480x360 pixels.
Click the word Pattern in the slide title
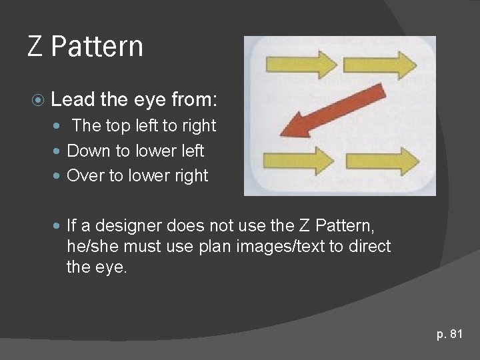[97, 47]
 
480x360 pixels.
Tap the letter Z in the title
[36, 47]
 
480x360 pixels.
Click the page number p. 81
[449, 334]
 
